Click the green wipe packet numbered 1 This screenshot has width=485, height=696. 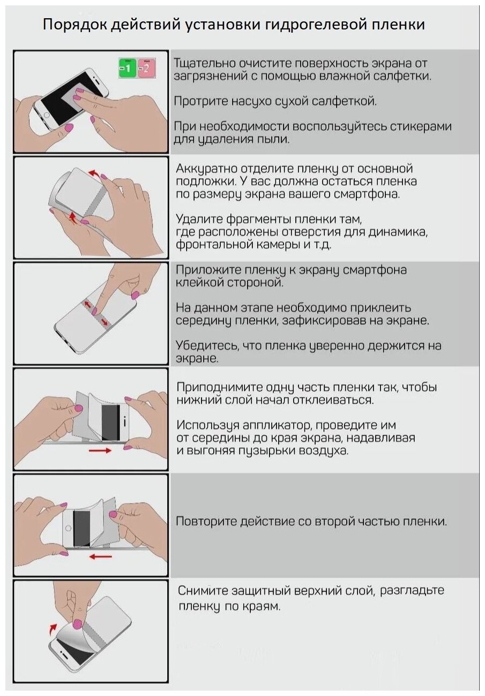(x=128, y=69)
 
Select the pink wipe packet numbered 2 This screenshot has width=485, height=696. (x=146, y=69)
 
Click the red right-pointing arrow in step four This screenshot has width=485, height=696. (x=100, y=451)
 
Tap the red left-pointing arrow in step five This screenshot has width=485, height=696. (x=100, y=556)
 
